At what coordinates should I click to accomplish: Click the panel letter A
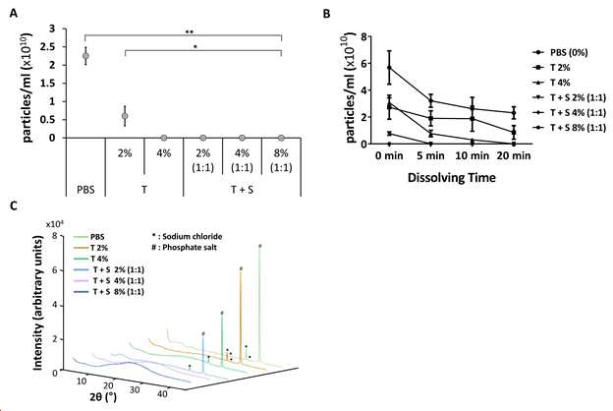[x=14, y=14]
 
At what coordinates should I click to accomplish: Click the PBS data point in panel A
[x=85, y=56]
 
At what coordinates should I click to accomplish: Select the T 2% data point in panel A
[x=125, y=116]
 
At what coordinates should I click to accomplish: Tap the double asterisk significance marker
[x=190, y=32]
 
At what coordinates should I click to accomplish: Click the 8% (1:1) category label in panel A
[x=281, y=160]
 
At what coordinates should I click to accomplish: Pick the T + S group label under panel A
[x=242, y=190]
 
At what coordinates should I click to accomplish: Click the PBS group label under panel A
[x=85, y=190]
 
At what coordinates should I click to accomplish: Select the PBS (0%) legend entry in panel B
[x=560, y=52]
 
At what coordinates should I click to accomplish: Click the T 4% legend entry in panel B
[x=552, y=83]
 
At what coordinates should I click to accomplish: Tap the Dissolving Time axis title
[x=452, y=178]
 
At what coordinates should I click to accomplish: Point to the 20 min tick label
[x=514, y=155]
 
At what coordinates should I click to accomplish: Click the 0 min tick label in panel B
[x=389, y=155]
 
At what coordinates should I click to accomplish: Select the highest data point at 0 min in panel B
[x=389, y=67]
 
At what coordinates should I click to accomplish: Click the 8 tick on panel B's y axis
[x=363, y=36]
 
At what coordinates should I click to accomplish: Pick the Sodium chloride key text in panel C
[x=188, y=236]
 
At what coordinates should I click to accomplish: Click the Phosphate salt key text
[x=184, y=248]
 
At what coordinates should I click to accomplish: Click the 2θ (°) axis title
[x=103, y=396]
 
